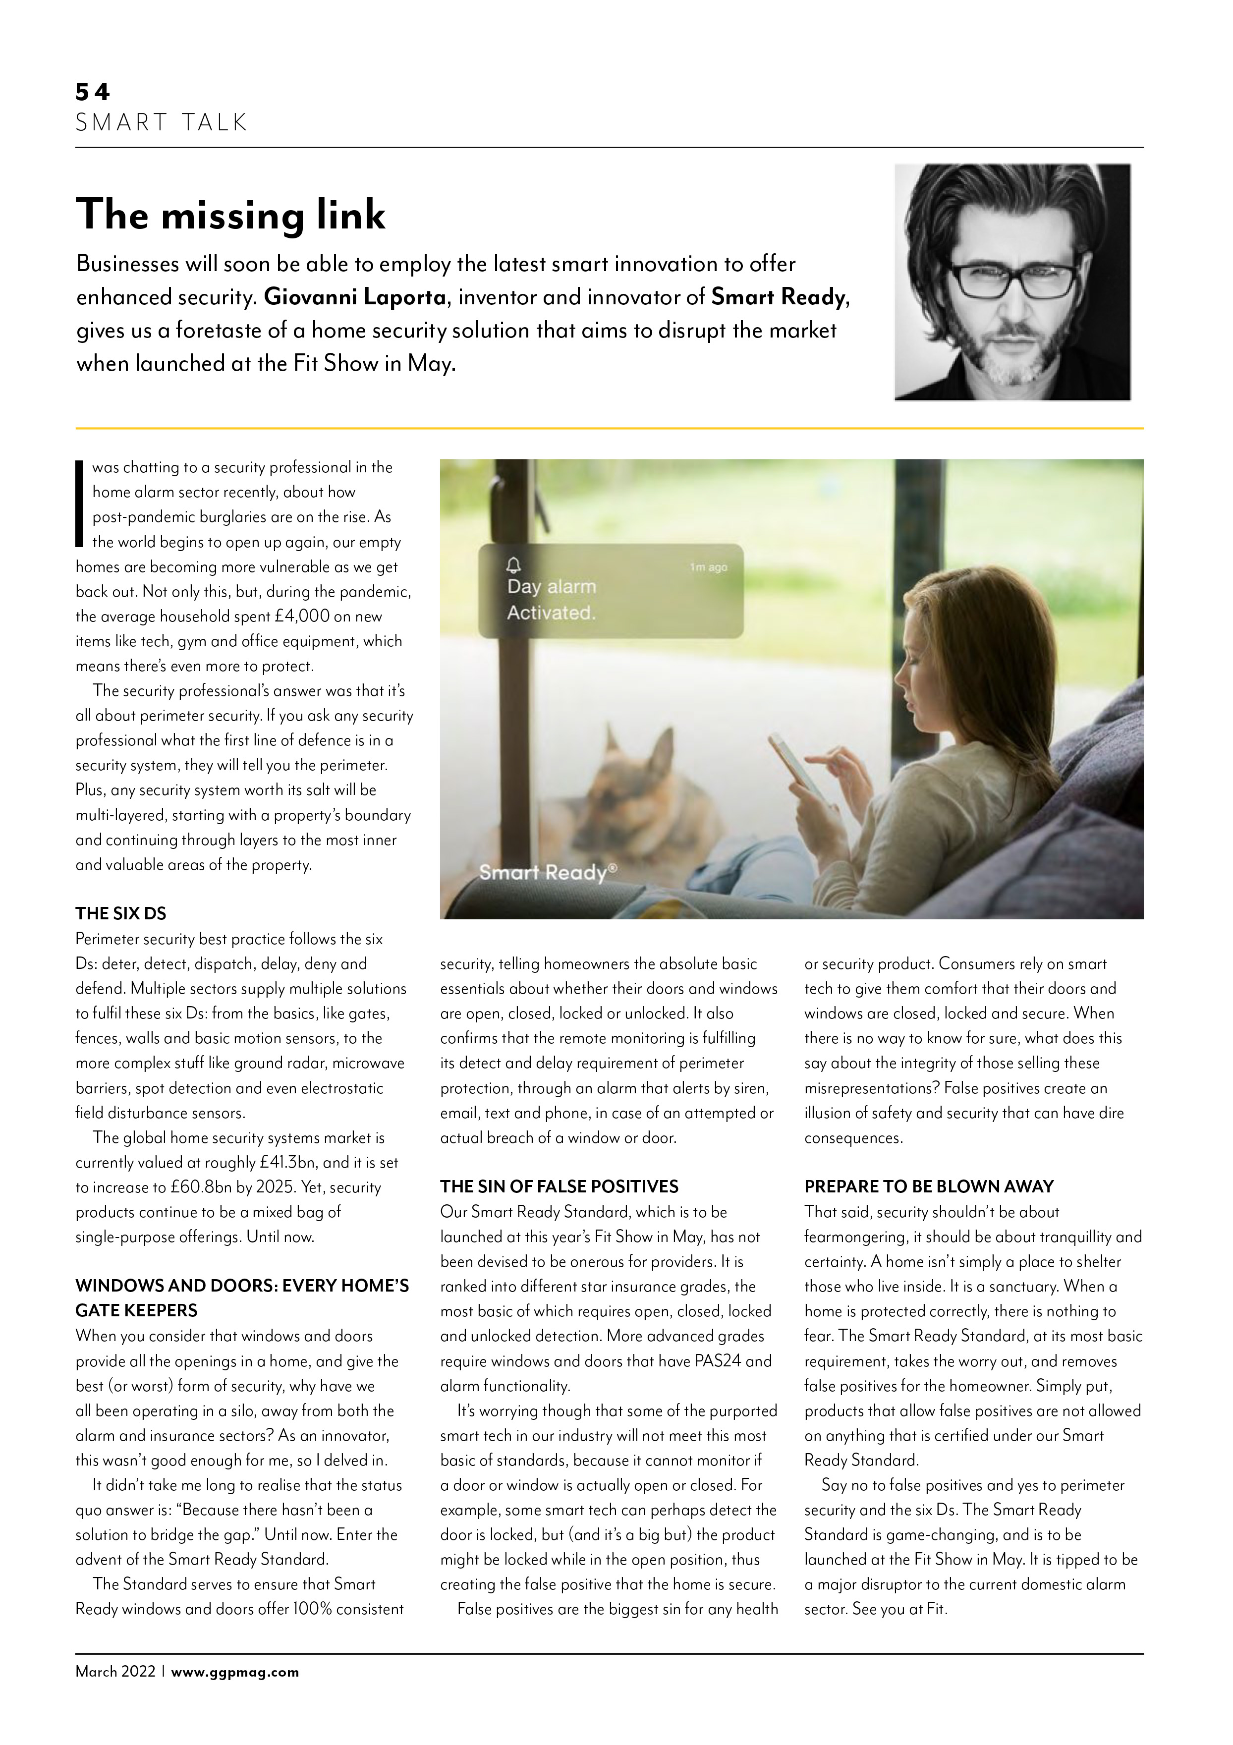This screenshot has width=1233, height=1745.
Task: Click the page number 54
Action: click(x=92, y=92)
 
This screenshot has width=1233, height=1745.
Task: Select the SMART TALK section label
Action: click(x=161, y=122)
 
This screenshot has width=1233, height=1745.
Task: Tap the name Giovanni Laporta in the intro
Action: click(x=354, y=297)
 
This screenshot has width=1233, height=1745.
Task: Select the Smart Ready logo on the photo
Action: click(x=547, y=872)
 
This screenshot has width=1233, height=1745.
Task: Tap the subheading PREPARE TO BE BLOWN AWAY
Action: click(x=929, y=1186)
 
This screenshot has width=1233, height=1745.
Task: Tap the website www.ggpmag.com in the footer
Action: click(x=235, y=1672)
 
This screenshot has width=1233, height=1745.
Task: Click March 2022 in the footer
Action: click(x=115, y=1672)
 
